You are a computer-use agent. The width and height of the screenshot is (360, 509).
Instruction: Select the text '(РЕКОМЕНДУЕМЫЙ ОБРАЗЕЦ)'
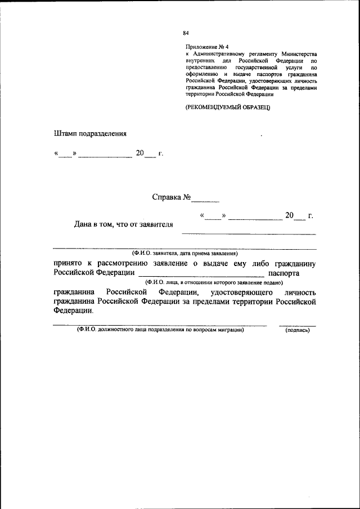(x=228, y=107)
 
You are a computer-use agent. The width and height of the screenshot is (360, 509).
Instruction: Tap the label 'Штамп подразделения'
(x=90, y=134)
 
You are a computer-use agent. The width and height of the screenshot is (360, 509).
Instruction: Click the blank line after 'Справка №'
(x=205, y=200)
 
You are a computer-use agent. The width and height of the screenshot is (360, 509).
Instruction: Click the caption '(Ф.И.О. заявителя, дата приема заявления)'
(x=185, y=254)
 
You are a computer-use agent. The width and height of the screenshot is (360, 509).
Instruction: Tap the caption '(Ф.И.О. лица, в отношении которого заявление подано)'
(x=213, y=282)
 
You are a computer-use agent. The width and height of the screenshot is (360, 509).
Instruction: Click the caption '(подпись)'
(x=298, y=331)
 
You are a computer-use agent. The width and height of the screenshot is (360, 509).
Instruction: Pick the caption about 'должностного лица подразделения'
(x=161, y=331)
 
